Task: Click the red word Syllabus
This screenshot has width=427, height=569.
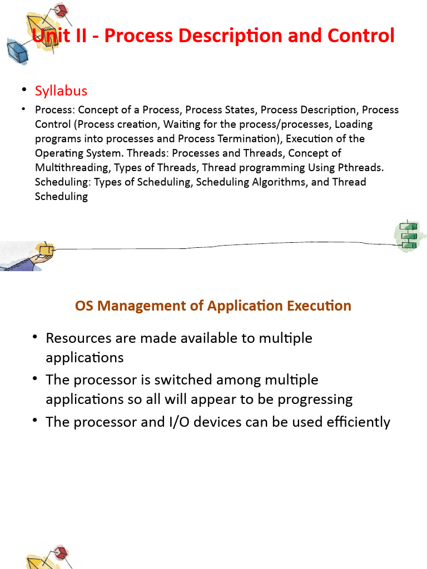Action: pos(61,91)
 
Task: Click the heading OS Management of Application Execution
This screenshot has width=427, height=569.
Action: pos(213,306)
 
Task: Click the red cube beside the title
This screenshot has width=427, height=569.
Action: pos(60,9)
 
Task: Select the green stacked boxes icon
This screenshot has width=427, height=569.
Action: pos(409,236)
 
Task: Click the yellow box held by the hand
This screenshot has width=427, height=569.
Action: pos(47,249)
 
